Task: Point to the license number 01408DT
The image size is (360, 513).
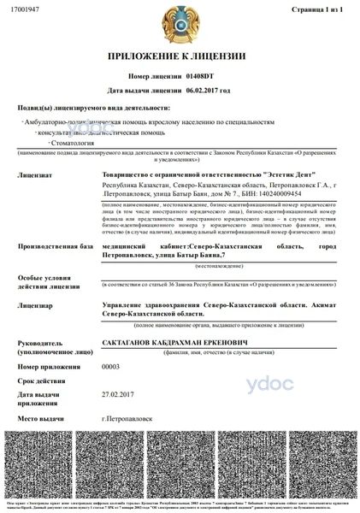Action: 202,75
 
